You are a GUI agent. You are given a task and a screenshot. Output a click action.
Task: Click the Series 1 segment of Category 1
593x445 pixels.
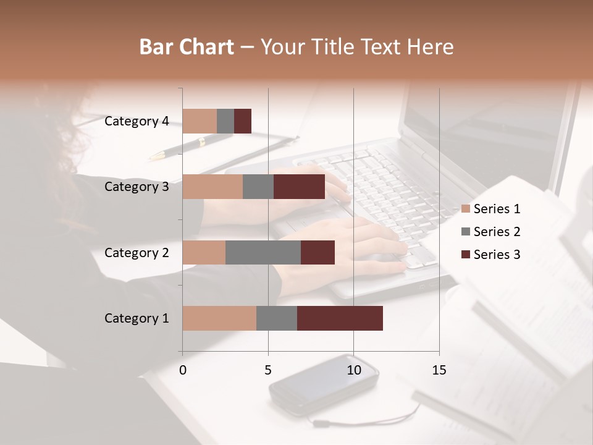coord(219,318)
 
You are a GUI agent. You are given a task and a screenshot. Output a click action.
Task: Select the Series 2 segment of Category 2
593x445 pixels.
coord(263,252)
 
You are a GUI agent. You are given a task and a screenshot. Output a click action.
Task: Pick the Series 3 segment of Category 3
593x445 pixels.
coord(299,187)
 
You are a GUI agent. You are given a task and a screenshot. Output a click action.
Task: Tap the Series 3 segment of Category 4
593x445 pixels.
coord(243,121)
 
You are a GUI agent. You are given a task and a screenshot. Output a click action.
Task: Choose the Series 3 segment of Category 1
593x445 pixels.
coord(340,318)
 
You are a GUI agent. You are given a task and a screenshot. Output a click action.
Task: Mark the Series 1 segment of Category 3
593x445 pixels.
coord(212,187)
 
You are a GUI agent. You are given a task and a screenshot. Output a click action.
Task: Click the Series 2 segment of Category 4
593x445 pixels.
coord(225,121)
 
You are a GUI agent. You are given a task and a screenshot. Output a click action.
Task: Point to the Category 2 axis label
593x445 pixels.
coord(137,252)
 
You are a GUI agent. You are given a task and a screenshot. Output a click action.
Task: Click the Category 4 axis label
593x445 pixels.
coord(137,121)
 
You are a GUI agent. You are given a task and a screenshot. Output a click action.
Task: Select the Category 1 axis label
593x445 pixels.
coord(137,318)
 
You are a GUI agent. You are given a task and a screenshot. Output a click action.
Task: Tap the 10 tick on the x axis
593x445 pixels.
coord(353,370)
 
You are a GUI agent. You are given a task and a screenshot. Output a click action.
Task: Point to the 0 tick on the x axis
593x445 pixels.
coord(183,370)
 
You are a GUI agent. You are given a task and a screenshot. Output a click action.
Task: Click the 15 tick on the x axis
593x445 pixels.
coord(439,370)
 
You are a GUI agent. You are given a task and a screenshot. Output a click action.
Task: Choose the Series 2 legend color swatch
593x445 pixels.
coord(465,232)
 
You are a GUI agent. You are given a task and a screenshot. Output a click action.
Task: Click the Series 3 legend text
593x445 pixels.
coord(497,255)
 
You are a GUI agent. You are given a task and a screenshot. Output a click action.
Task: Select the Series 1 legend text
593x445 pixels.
coord(497,209)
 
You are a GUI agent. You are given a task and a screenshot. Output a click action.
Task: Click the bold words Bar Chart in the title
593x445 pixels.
coord(187,47)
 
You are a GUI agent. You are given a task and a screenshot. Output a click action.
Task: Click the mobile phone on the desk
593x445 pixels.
coord(324,383)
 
